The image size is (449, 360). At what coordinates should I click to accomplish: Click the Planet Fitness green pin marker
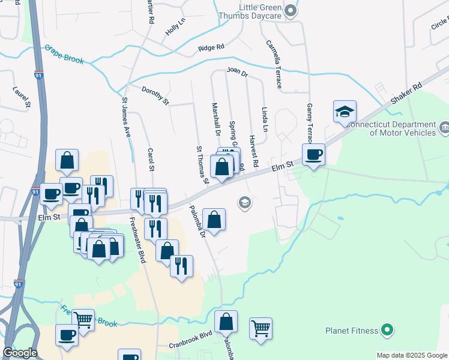(x=387, y=330)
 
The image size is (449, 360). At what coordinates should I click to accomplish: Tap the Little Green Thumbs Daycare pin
(x=291, y=10)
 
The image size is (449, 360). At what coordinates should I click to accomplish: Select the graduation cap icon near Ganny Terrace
(x=345, y=112)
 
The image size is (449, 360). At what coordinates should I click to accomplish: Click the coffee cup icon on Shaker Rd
(x=313, y=155)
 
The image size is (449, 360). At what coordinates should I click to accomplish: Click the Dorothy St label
(x=155, y=95)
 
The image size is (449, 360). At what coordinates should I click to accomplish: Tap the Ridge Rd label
(x=211, y=47)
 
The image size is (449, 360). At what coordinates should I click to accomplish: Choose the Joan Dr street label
(x=237, y=71)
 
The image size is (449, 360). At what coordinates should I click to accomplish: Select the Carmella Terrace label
(x=274, y=64)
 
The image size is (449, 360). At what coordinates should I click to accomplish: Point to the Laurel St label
(x=21, y=98)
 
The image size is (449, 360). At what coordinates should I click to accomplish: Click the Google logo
(x=20, y=353)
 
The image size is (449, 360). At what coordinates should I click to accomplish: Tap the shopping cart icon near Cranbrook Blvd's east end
(x=261, y=328)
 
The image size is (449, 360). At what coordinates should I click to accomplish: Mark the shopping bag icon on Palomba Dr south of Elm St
(x=214, y=219)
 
